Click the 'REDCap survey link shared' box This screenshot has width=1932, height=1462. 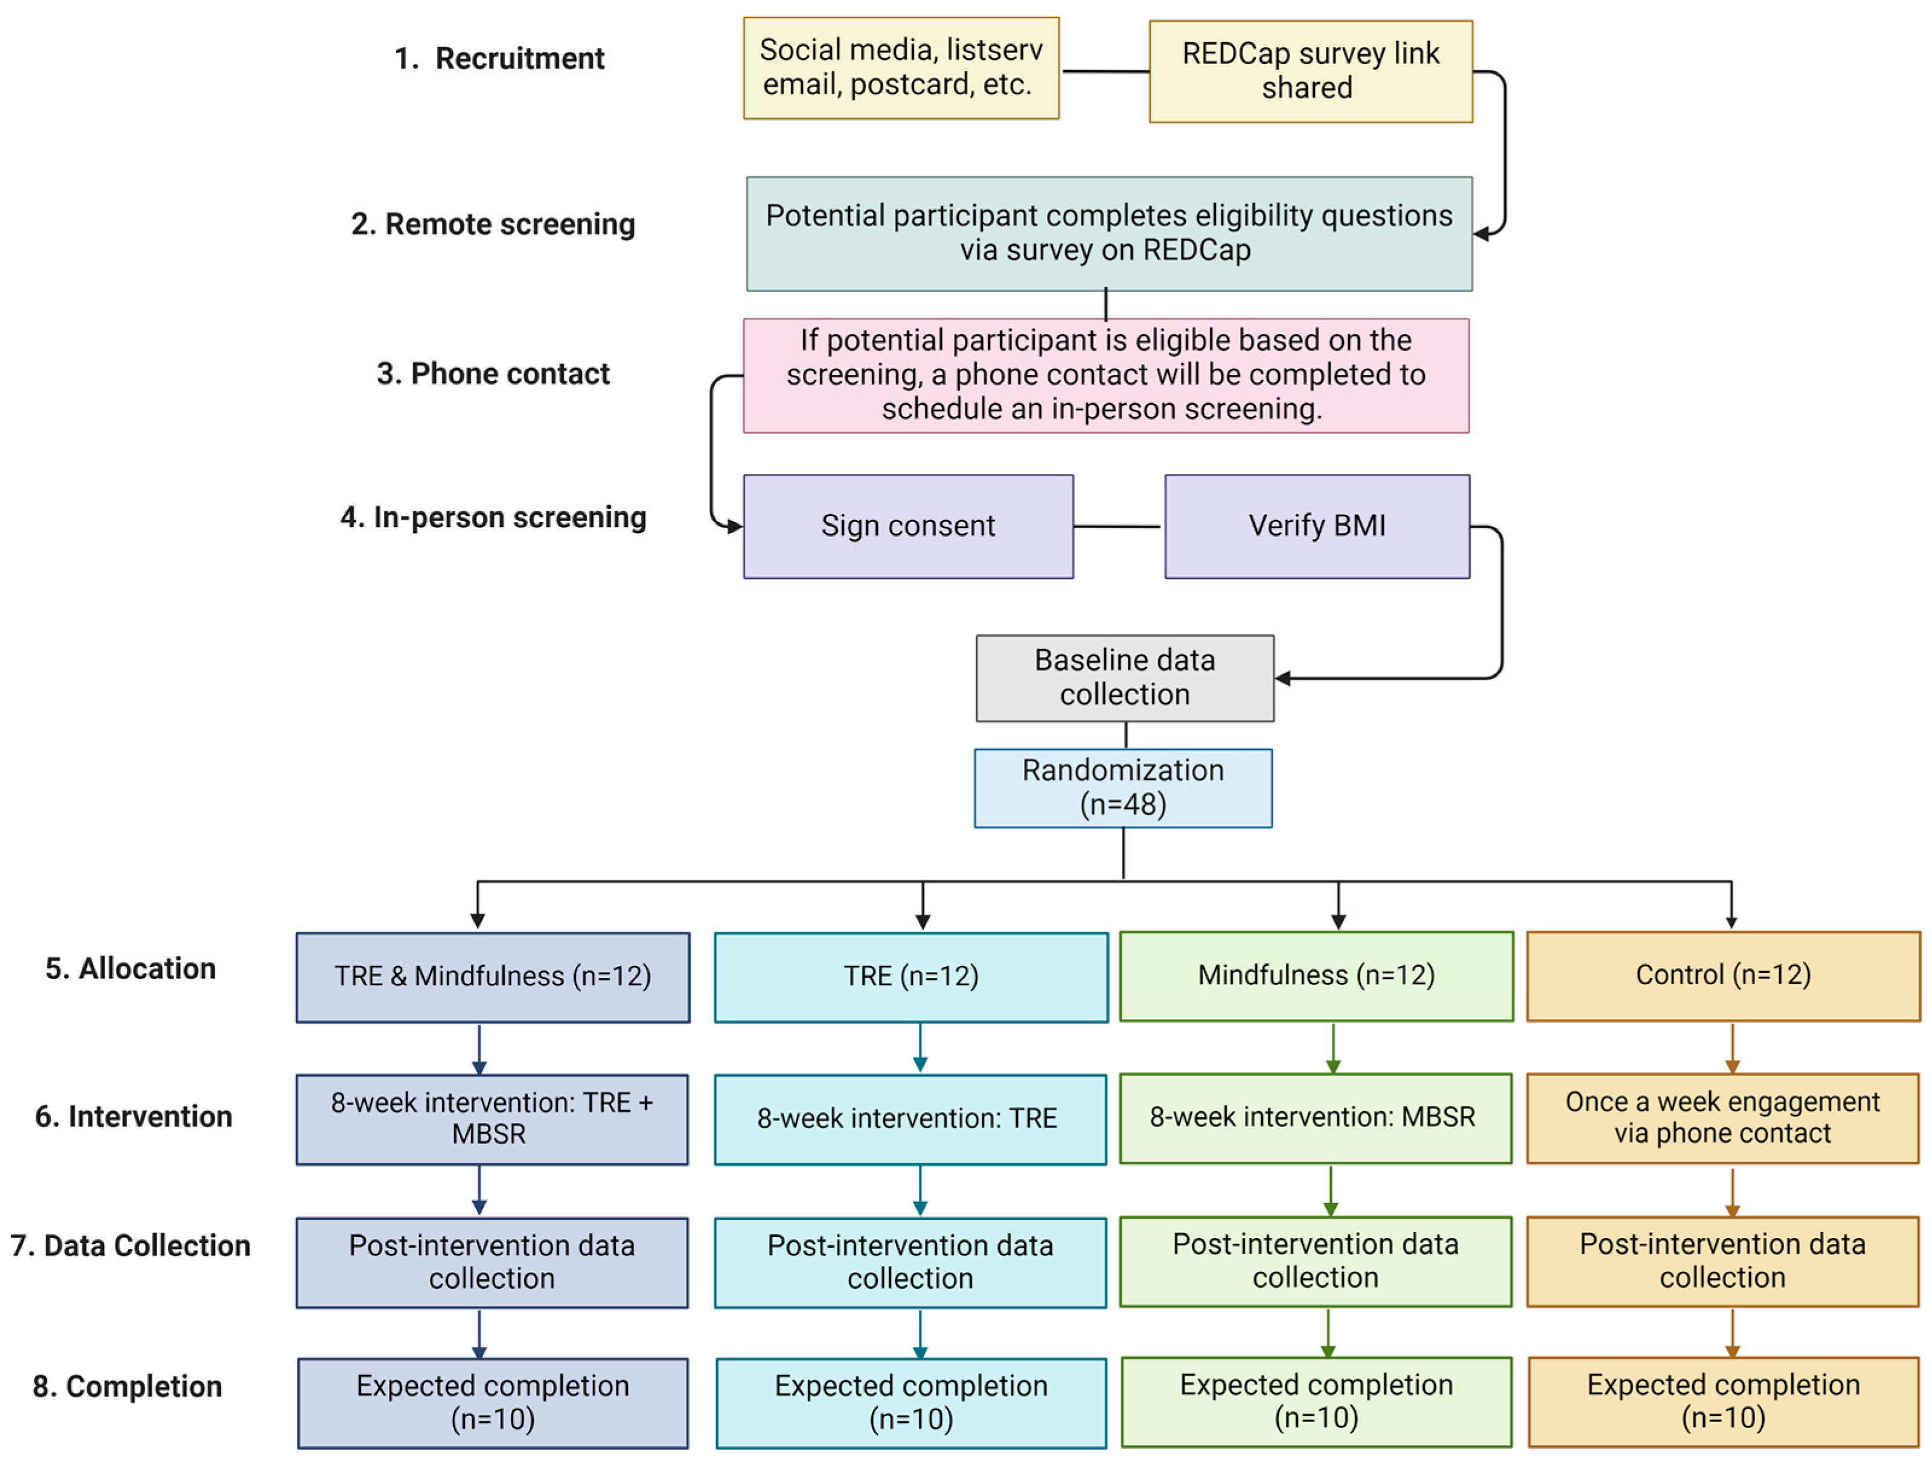(x=1310, y=72)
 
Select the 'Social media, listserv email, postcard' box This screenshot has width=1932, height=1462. (x=901, y=68)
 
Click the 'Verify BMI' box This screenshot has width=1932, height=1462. (x=1316, y=526)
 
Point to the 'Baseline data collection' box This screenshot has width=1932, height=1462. (x=1124, y=678)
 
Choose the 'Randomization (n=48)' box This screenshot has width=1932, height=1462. (x=1122, y=788)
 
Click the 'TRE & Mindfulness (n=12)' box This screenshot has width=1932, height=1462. (x=493, y=977)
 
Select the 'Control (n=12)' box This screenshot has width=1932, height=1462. (x=1722, y=975)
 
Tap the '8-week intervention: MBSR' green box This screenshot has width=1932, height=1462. (x=1316, y=1118)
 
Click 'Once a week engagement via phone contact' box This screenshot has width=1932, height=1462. (x=1722, y=1118)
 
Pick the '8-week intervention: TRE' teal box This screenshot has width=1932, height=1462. (x=910, y=1119)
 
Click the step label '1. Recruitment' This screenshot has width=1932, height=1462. (x=499, y=59)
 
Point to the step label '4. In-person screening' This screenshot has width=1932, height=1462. (x=493, y=517)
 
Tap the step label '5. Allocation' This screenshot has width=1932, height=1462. (x=130, y=969)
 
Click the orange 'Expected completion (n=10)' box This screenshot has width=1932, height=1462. (x=1722, y=1401)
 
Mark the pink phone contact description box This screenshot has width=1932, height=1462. (x=1105, y=375)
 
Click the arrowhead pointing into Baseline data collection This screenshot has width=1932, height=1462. (x=1283, y=678)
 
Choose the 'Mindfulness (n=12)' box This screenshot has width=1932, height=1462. (x=1316, y=975)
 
